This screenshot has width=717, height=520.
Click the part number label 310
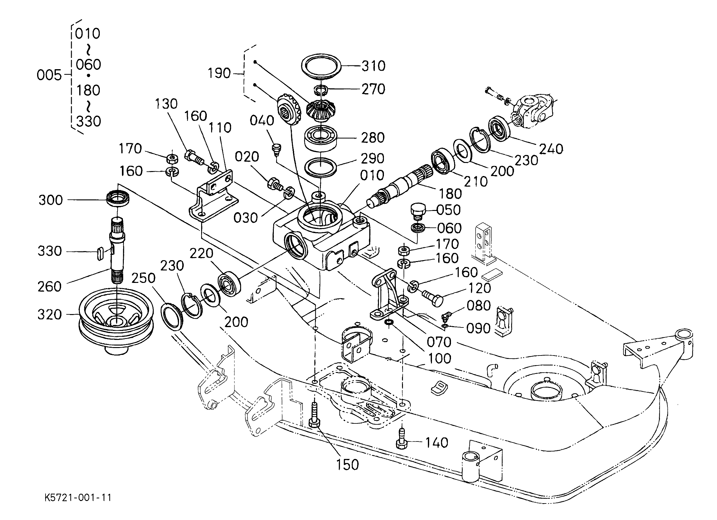373,66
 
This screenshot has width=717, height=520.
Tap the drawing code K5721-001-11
78,498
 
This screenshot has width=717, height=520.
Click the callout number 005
49,75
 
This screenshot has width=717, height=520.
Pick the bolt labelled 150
314,415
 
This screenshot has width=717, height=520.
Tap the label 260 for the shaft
50,287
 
